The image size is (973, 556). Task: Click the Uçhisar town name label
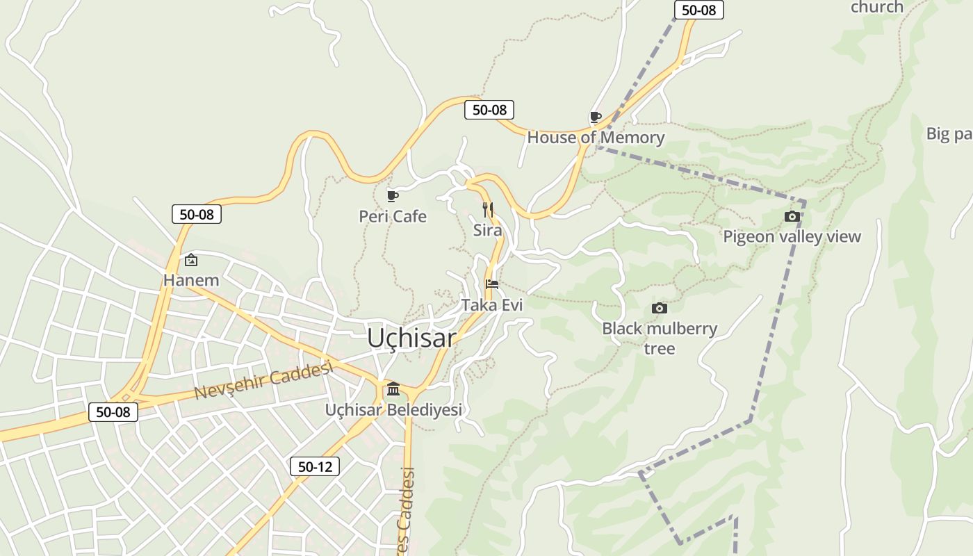[x=411, y=338]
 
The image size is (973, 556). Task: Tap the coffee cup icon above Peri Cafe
[x=393, y=197]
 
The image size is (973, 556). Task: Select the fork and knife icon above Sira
[x=488, y=209]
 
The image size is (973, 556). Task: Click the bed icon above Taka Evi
[x=492, y=284]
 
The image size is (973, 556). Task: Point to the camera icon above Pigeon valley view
[x=792, y=217]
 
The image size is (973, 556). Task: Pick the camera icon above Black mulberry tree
[x=660, y=308]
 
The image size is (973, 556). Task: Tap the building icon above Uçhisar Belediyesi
[x=393, y=389]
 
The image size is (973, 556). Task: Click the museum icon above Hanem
[x=191, y=260]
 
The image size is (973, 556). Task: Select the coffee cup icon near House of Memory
[x=596, y=117]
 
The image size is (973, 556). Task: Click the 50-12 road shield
[x=315, y=466]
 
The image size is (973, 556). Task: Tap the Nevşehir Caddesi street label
[x=263, y=381]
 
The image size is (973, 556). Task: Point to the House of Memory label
[x=596, y=138]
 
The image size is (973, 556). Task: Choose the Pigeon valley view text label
[x=792, y=237]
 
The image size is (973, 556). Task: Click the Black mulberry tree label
[x=660, y=338]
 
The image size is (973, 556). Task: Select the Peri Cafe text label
[x=393, y=217]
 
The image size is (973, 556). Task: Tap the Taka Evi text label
[x=492, y=305]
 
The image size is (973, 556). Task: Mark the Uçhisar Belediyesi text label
[x=393, y=410]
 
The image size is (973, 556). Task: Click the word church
[x=877, y=7]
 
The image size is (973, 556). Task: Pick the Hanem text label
[x=191, y=281]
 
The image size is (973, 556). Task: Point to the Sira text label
[x=487, y=230]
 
